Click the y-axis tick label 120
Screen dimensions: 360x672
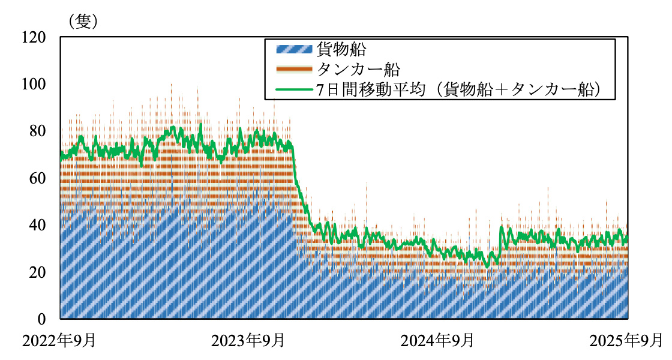34,37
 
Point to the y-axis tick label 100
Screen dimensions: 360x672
34,84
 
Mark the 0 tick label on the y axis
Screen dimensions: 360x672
41,319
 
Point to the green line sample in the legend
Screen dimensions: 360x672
293,90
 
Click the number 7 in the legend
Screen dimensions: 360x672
322,90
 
